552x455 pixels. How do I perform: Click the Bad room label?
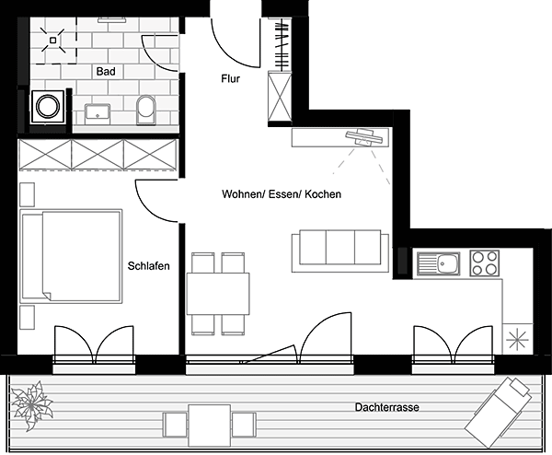tap(106, 72)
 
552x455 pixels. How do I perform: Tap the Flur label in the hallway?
tap(231, 78)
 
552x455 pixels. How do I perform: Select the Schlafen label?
tap(148, 266)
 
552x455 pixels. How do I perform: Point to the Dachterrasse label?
tap(387, 407)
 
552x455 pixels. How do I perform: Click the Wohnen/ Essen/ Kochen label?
tap(282, 194)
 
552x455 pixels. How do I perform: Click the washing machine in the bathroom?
tap(48, 107)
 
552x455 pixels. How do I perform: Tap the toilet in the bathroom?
tap(146, 110)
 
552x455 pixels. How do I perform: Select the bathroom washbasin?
tap(98, 113)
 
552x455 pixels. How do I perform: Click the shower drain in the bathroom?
tap(52, 41)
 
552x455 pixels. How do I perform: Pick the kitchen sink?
tap(439, 262)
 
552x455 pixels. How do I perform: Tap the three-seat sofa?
tap(340, 251)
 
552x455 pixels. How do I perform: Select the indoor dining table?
tap(218, 294)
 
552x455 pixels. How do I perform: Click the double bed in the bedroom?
tap(71, 256)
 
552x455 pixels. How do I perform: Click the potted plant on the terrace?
tap(31, 405)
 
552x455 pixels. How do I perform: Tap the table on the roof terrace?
tap(210, 426)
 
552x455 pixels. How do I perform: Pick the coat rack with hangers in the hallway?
tap(282, 44)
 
